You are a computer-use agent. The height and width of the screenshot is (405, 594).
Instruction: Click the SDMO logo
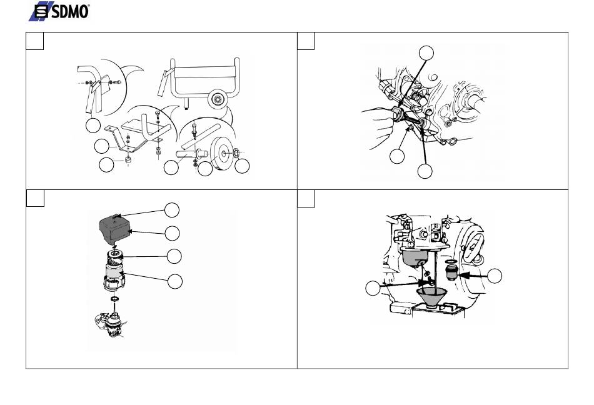(x=59, y=11)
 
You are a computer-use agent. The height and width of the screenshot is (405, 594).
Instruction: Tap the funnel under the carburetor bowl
(x=431, y=297)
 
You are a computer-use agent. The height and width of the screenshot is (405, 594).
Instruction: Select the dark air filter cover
(x=114, y=228)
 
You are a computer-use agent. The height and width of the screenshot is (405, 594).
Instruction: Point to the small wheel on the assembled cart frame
(x=218, y=99)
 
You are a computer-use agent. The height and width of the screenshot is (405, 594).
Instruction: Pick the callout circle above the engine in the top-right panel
(x=426, y=53)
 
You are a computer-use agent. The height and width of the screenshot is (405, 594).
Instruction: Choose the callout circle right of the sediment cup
(x=495, y=276)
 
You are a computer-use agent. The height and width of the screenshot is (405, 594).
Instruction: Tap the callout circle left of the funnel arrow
(x=373, y=288)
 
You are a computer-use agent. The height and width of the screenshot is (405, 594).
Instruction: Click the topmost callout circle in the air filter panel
(x=171, y=210)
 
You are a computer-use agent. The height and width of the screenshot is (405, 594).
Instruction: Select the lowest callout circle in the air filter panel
(x=174, y=281)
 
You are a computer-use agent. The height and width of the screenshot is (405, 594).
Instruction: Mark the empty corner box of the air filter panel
(x=35, y=198)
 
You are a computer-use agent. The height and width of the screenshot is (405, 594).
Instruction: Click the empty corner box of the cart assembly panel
(x=34, y=41)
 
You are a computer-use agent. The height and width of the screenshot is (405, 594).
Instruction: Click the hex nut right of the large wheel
(x=236, y=152)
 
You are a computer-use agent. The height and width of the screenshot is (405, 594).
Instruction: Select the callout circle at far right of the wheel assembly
(x=242, y=166)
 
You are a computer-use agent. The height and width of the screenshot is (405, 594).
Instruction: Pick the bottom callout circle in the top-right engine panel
(x=425, y=171)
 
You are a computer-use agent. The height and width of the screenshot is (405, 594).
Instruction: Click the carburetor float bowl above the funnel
(x=415, y=257)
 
